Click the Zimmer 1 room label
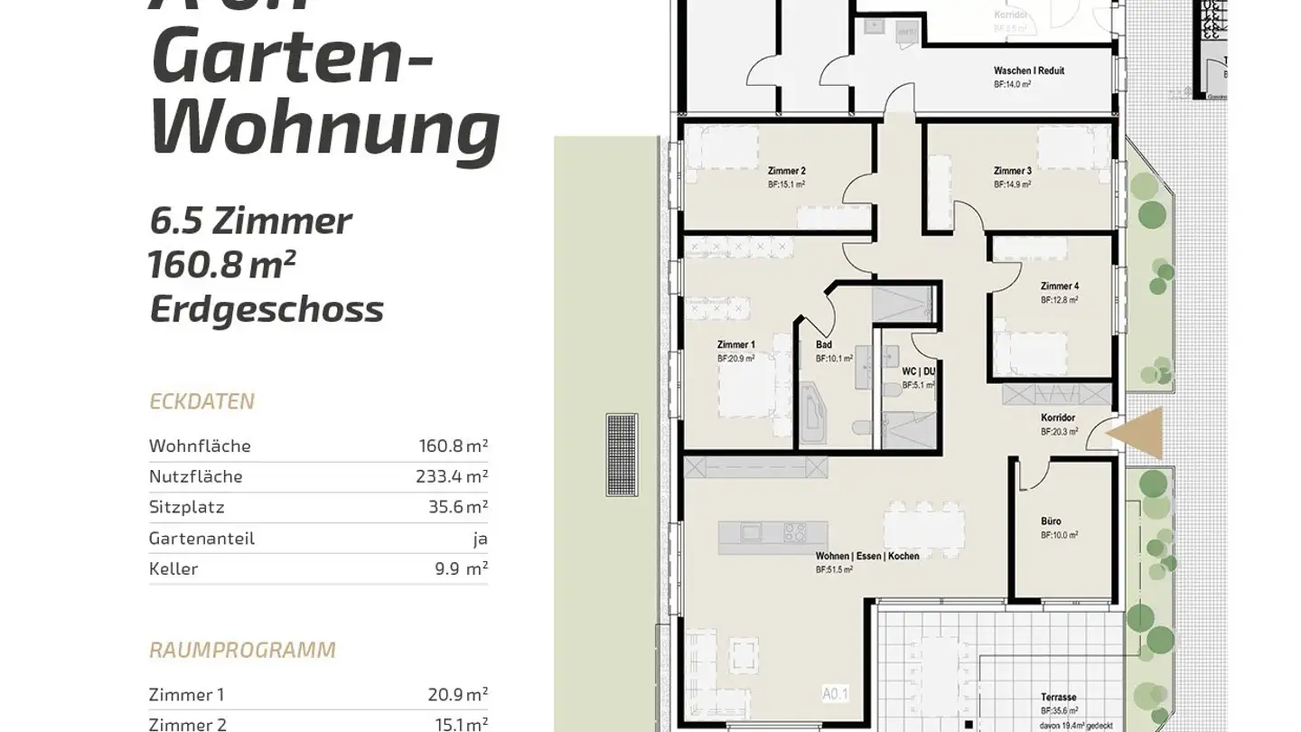coord(735,344)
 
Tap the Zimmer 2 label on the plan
coord(786,171)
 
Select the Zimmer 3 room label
coord(1012,171)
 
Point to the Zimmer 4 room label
coord(1059,286)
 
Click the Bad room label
coord(823,345)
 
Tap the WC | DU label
coord(918,371)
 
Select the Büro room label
coord(1051,521)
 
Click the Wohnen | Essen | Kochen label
coord(866,557)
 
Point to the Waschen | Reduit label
coord(1028,70)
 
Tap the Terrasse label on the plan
coord(1058,698)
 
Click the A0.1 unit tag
coord(836,694)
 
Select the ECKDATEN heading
coord(201,401)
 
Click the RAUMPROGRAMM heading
coord(242,650)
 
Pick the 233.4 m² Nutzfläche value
coord(453,476)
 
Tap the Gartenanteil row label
coord(201,538)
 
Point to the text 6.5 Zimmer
coord(250,221)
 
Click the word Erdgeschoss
coord(267,309)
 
